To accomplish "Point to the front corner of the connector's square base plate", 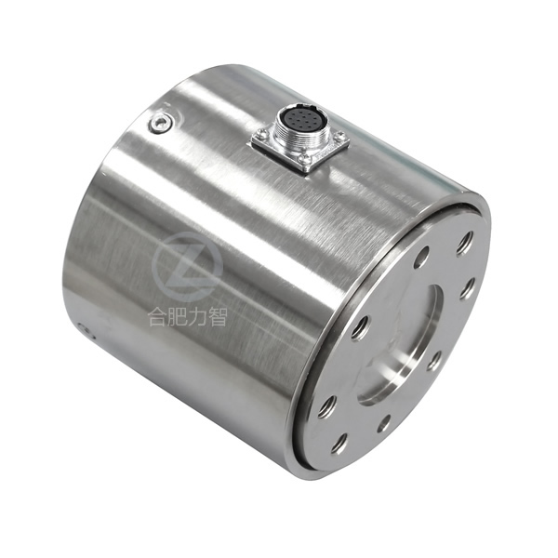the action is pos(305,172).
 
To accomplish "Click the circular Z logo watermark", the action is pos(188,266).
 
